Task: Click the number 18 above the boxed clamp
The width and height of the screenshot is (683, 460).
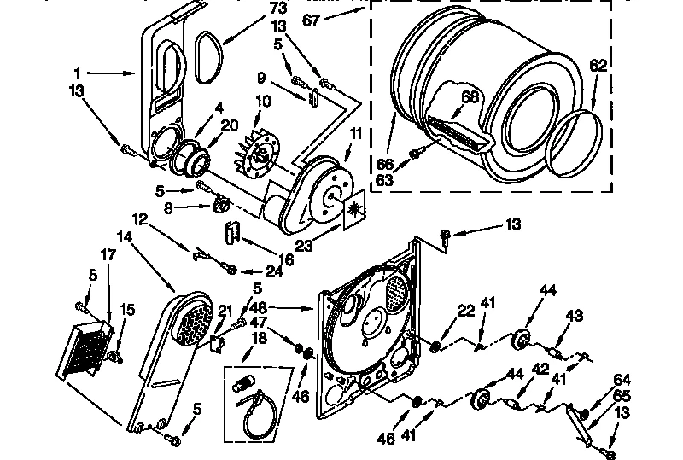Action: [x=255, y=338]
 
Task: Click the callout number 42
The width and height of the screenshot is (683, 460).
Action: [x=539, y=370]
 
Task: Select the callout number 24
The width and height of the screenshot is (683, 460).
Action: [x=274, y=272]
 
